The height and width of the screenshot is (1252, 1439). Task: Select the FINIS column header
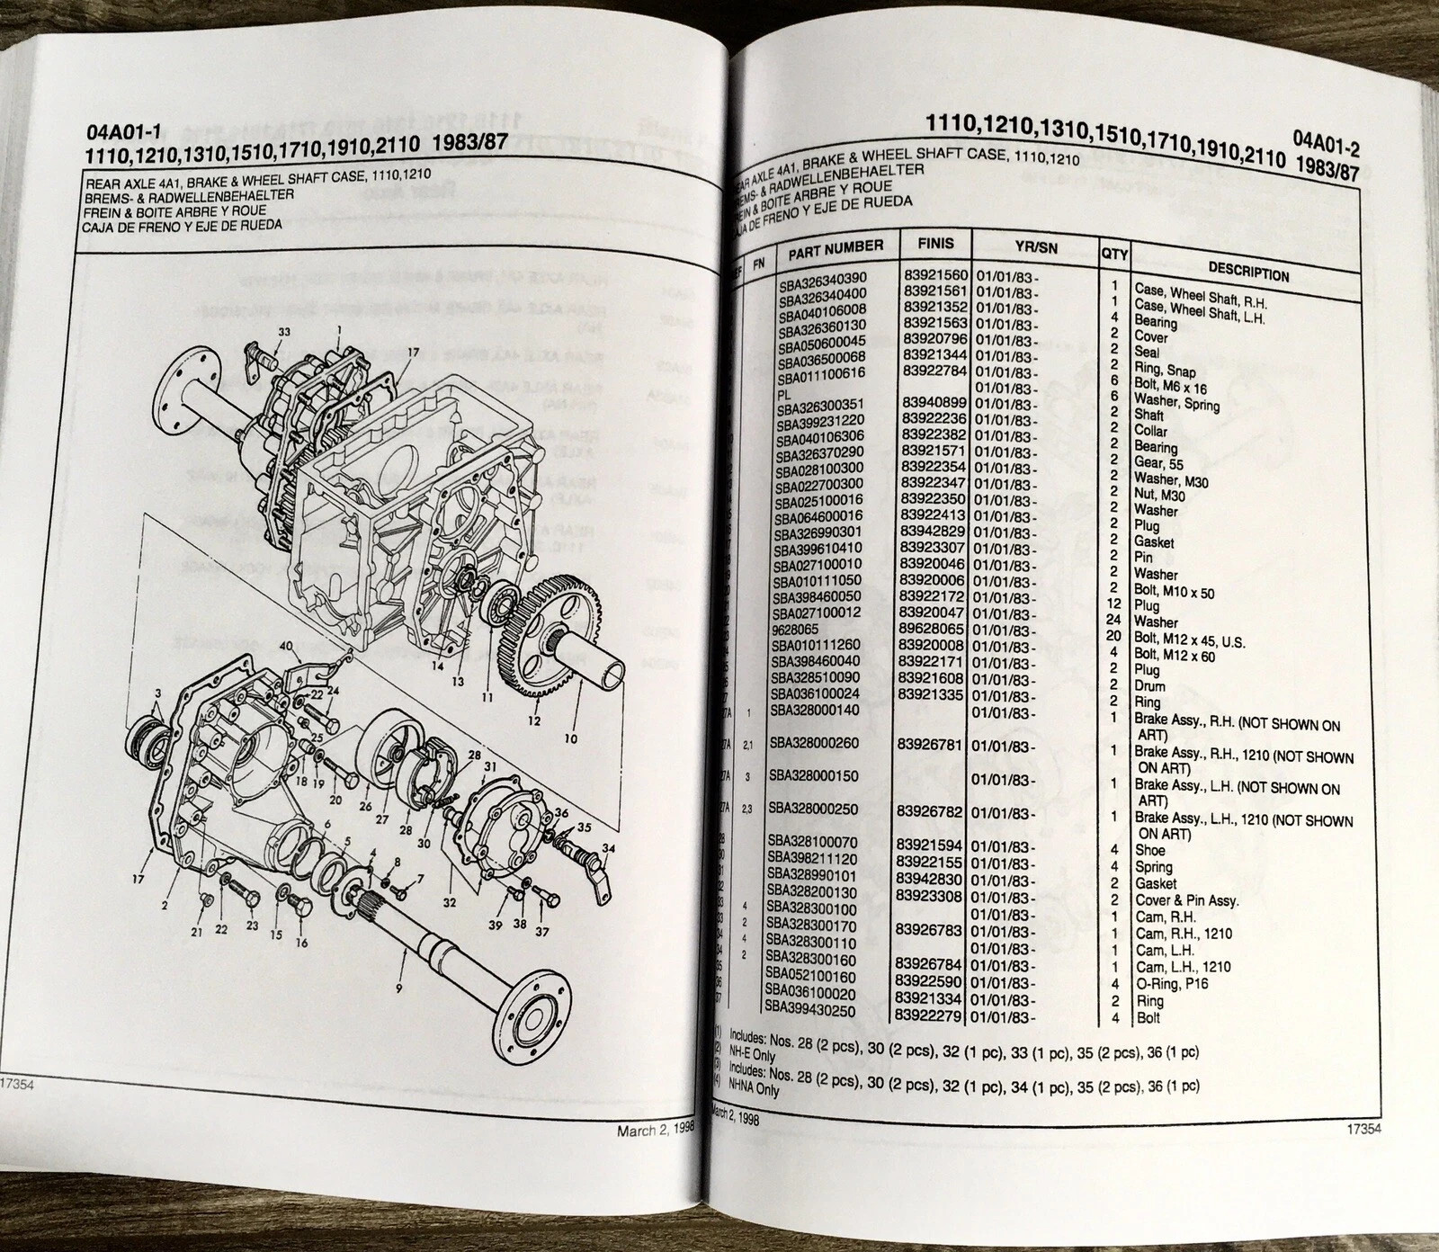coord(935,244)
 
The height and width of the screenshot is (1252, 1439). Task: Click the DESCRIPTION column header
coord(1248,271)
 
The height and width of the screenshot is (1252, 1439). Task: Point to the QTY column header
coord(1114,255)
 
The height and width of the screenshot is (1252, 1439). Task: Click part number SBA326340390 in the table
coord(824,278)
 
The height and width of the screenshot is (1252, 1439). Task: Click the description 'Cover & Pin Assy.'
coord(1186,900)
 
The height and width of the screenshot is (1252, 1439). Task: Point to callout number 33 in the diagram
coord(284,332)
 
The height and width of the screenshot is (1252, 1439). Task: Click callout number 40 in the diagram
coord(287,647)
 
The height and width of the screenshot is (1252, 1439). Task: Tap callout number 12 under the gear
coord(533,720)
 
